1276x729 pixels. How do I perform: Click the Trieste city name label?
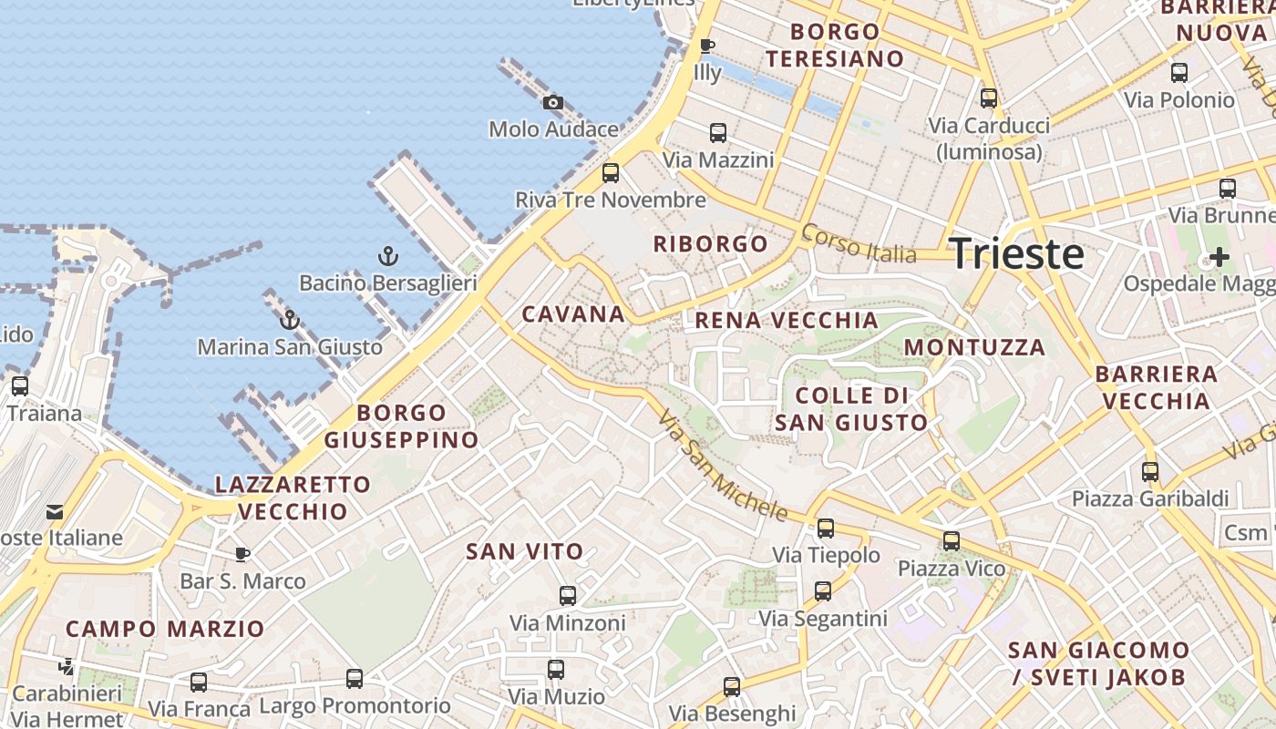point(1017,253)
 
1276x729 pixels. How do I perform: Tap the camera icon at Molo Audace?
point(553,103)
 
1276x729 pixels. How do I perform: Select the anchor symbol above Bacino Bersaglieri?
point(388,256)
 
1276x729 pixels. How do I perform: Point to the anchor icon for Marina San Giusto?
point(289,319)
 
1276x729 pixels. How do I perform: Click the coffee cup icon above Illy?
point(706,46)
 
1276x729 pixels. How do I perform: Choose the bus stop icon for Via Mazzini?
point(718,133)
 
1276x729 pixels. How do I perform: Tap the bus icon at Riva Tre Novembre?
point(611,172)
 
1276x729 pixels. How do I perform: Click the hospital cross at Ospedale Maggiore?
point(1219,256)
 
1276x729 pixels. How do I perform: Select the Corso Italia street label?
point(859,243)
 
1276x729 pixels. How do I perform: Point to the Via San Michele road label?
point(722,467)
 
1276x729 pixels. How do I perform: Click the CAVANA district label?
point(573,314)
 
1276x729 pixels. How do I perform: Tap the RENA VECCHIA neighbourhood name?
point(787,320)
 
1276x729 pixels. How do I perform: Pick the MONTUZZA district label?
point(974,347)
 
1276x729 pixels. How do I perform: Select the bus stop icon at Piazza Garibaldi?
point(1150,472)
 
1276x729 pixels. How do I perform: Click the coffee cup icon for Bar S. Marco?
point(242,554)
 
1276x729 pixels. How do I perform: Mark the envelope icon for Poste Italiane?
point(55,511)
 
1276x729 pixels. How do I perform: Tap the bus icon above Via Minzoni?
point(568,596)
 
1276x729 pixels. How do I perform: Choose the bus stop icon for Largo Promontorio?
point(355,679)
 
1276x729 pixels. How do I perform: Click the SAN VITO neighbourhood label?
point(524,551)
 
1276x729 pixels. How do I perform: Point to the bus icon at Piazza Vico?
point(952,541)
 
